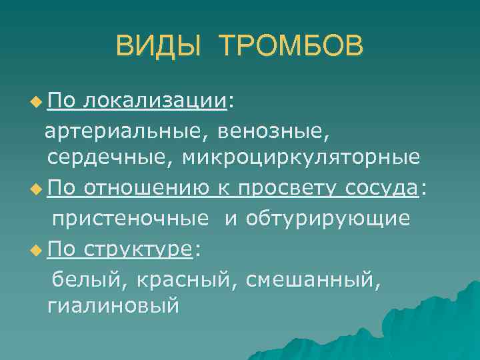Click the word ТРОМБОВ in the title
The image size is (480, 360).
[291, 47]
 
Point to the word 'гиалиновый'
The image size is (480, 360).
[113, 307]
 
